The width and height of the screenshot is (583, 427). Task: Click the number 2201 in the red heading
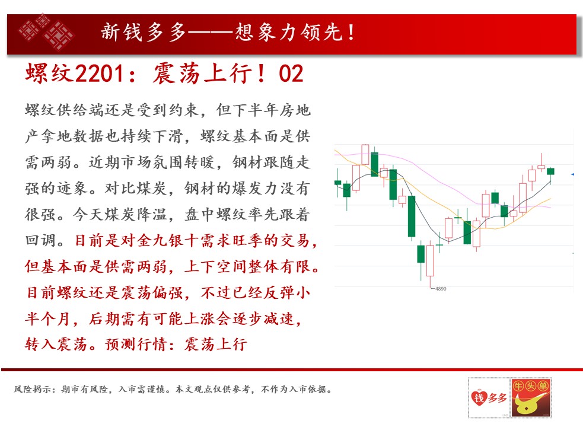[x=100, y=74]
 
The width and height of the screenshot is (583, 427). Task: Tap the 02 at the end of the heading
[x=291, y=74]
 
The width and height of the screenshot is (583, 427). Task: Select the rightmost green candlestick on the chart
[x=550, y=171]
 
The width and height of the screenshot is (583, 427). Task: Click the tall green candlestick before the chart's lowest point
[x=412, y=216]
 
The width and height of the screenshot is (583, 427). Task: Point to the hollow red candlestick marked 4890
[x=430, y=260]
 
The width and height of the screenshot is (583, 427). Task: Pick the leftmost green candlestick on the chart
[x=337, y=183]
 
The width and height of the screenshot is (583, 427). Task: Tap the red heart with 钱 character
[x=479, y=397]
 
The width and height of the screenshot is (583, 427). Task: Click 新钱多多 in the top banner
[x=143, y=33]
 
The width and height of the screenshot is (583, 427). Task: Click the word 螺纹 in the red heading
[x=50, y=74]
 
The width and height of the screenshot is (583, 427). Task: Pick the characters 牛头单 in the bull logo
[x=531, y=386]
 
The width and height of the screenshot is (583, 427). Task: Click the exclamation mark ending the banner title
[x=351, y=33]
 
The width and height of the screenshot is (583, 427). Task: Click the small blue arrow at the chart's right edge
[x=572, y=174]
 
